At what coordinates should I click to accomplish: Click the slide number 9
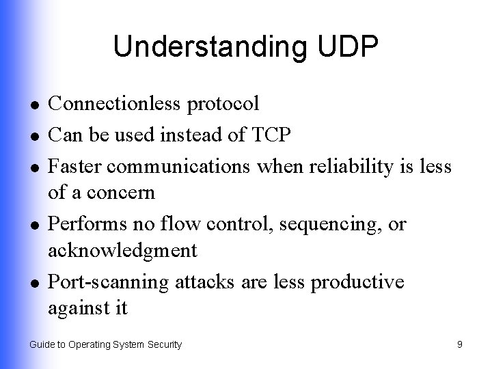click(x=460, y=345)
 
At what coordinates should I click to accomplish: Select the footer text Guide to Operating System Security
click(x=106, y=345)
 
